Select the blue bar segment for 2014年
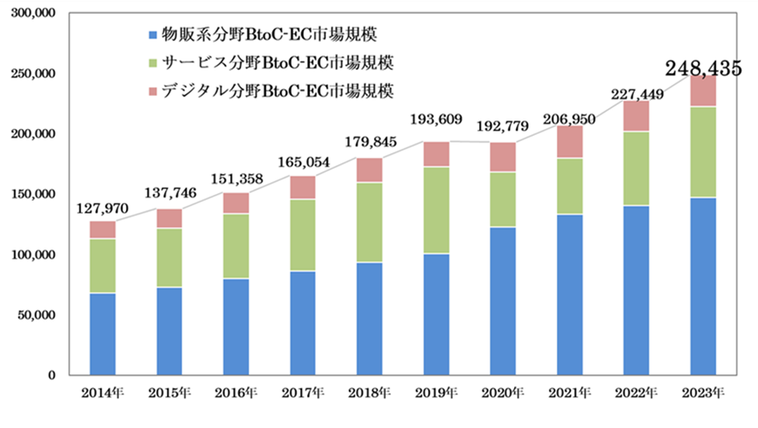tap(103, 333)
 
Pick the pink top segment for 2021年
tap(570, 142)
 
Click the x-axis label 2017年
tap(303, 393)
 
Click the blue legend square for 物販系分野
tap(153, 35)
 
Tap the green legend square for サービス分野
tap(153, 63)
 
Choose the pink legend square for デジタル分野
tap(153, 91)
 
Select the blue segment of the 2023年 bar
tap(703, 286)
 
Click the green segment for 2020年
tap(503, 200)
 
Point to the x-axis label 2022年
tap(636, 393)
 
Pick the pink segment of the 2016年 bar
tap(236, 203)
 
